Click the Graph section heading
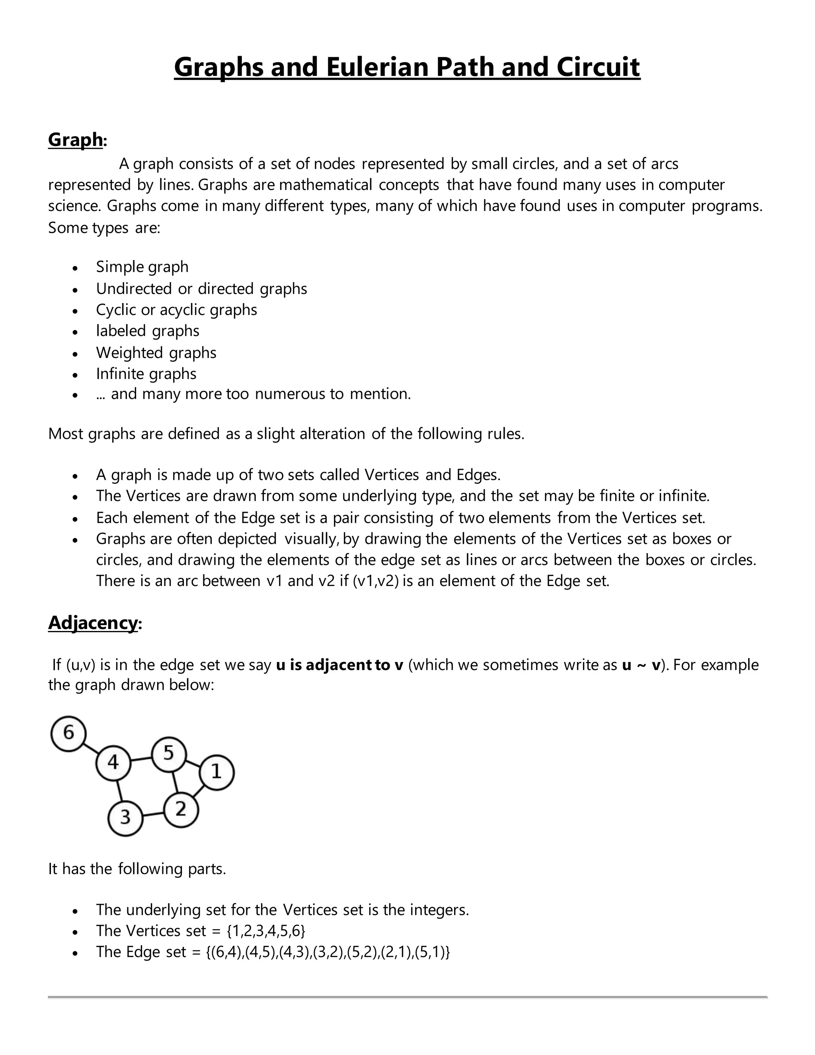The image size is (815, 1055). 75,140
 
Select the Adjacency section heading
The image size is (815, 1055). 93,623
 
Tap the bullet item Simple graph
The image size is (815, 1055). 142,267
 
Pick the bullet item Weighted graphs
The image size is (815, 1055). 156,353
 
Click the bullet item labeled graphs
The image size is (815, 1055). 147,331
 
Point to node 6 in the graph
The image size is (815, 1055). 68,734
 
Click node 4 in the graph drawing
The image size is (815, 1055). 113,763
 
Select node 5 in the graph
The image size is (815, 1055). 168,754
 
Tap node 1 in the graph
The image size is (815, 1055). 216,772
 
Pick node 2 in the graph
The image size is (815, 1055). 181,810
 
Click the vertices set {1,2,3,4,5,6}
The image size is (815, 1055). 266,930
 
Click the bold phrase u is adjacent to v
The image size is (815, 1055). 339,665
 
